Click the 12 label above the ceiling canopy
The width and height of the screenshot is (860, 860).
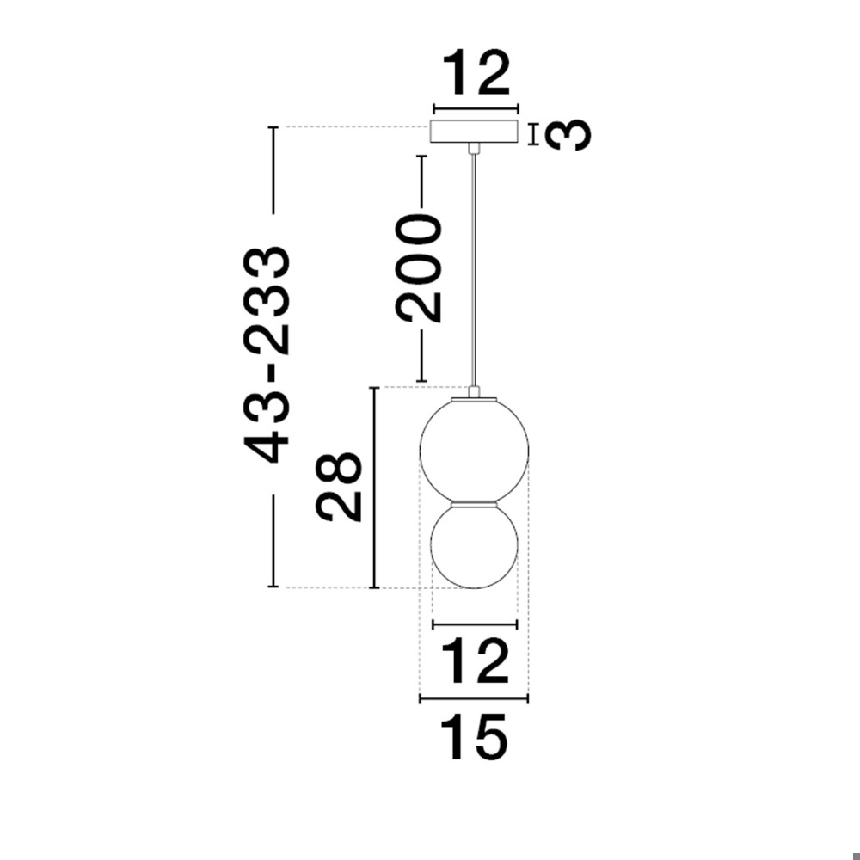point(476,72)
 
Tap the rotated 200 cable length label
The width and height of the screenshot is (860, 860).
point(421,268)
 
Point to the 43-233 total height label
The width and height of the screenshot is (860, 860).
point(267,355)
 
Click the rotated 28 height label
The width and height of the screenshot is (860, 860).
point(339,487)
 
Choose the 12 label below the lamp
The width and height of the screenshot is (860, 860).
point(475,660)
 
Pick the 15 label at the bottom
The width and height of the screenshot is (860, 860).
point(474,737)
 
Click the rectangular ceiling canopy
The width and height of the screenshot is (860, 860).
point(475,132)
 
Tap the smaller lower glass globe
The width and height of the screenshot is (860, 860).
point(475,545)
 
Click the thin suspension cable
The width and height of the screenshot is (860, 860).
point(474,269)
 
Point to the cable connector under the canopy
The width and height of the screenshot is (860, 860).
point(474,148)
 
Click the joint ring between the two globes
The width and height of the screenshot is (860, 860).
point(475,502)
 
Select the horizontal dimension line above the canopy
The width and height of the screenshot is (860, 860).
point(476,108)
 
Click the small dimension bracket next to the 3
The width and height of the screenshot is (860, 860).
point(533,134)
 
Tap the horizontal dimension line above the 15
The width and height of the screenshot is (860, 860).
point(474,698)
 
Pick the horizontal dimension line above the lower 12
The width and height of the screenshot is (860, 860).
point(475,624)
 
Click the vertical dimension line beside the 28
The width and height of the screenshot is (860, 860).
point(375,488)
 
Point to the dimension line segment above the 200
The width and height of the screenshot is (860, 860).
point(421,183)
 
